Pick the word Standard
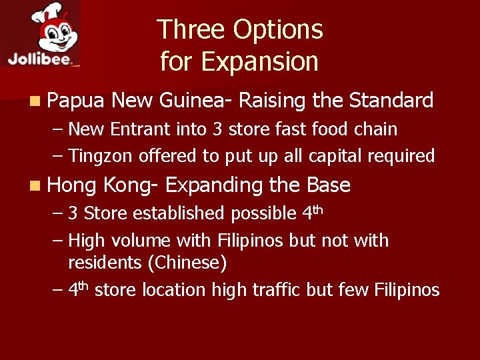click(x=391, y=101)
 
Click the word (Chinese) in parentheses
click(x=189, y=263)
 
